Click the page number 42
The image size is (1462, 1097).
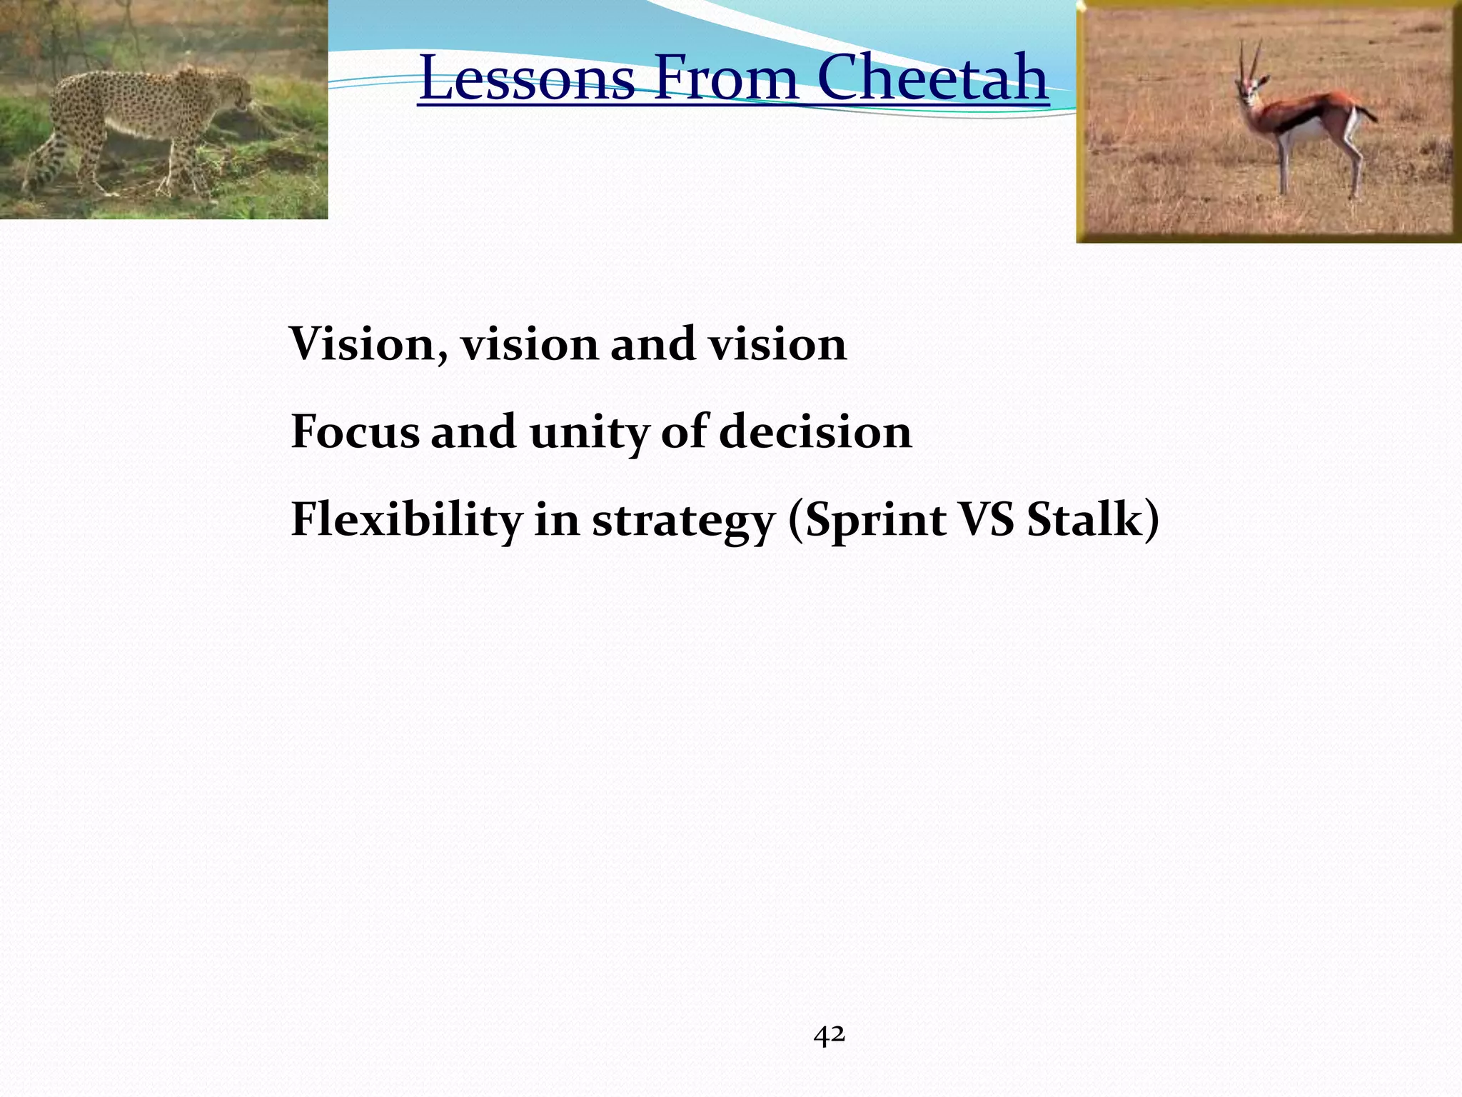click(829, 1035)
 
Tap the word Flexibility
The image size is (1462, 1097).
click(406, 519)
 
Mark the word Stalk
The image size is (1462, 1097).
click(1085, 519)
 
